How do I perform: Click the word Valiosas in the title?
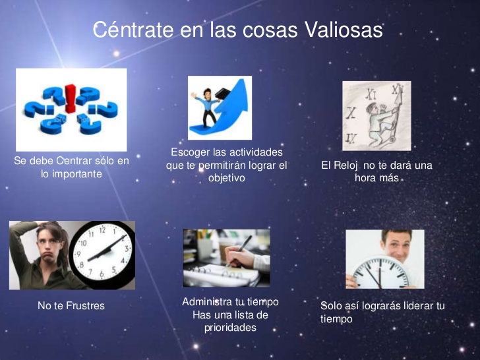click(x=344, y=30)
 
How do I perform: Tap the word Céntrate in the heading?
click(x=133, y=30)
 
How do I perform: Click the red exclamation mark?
click(x=70, y=99)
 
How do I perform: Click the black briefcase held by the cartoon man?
click(x=223, y=93)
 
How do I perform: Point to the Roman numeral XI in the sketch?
click(x=371, y=94)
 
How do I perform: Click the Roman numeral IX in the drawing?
click(x=351, y=138)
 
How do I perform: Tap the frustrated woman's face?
click(x=49, y=244)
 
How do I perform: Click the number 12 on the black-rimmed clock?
click(x=102, y=230)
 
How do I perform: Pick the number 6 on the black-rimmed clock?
click(x=102, y=274)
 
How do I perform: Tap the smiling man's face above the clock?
click(x=396, y=245)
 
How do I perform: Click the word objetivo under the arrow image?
click(x=227, y=178)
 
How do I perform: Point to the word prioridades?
click(x=230, y=328)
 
